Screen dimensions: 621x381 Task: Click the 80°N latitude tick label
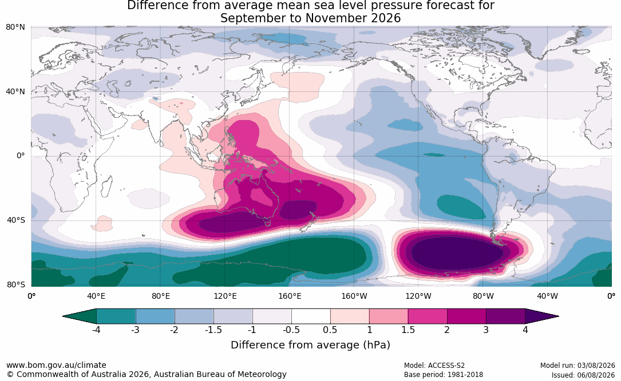(x=15, y=27)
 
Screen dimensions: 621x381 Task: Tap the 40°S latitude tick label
(x=16, y=220)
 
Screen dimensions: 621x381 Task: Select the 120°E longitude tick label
(x=225, y=296)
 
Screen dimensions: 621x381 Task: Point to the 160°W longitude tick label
(x=354, y=296)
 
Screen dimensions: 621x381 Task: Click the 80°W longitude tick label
(x=483, y=296)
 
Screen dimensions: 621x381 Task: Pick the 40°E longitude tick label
(x=96, y=296)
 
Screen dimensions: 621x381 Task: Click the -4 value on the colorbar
(x=96, y=330)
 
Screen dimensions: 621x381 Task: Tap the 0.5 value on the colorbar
(x=330, y=330)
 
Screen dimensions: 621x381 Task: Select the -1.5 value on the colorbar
(x=213, y=330)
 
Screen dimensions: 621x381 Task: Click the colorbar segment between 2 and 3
(x=466, y=316)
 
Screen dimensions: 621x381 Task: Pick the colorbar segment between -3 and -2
(x=155, y=316)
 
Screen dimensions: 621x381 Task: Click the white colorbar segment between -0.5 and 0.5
(x=311, y=316)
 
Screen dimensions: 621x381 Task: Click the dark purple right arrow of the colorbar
(x=541, y=316)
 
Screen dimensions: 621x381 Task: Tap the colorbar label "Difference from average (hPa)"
(x=310, y=345)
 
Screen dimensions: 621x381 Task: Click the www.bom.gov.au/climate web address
(x=56, y=365)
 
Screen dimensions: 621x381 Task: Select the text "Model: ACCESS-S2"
(x=434, y=365)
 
